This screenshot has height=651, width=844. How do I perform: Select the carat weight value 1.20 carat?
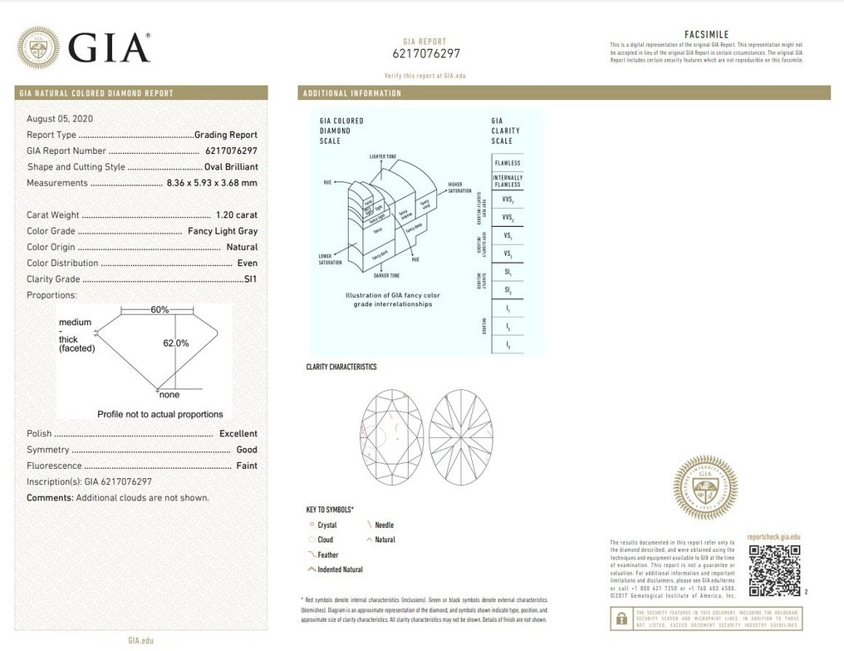236,215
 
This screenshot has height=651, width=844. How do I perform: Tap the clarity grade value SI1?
250,279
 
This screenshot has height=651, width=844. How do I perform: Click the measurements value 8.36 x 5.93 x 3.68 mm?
212,183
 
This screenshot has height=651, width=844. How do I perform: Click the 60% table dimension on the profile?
159,309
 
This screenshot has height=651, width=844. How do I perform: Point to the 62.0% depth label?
176,343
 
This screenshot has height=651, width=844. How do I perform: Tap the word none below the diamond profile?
169,395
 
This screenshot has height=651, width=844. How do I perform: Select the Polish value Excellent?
238,434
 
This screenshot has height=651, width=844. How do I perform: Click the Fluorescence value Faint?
247,466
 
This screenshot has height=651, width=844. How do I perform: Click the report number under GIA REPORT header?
425,53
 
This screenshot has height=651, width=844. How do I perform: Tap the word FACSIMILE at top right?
706,34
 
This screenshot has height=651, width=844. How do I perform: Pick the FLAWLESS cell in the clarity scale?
508,163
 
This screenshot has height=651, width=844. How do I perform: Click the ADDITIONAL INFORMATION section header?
352,93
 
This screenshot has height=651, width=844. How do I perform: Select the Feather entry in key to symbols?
327,555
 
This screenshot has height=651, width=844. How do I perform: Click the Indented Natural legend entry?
340,570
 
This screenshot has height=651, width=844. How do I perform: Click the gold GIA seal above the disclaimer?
705,487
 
